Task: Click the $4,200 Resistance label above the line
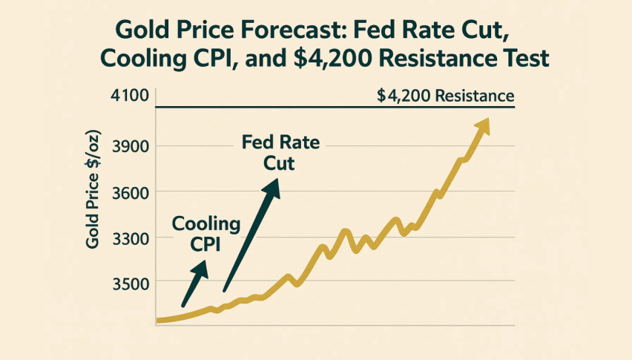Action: tap(445, 96)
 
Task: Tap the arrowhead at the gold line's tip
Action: tap(483, 125)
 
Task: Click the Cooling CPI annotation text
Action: tap(206, 234)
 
